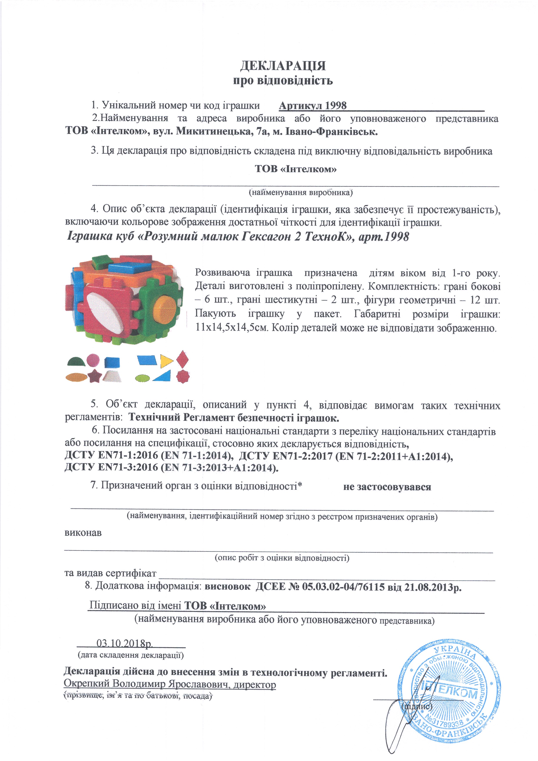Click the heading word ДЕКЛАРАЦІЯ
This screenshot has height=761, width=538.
coord(283,66)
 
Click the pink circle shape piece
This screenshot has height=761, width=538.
coord(93,360)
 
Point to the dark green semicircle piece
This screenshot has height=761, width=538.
coord(76,361)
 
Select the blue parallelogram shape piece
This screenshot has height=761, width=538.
coord(147,361)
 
